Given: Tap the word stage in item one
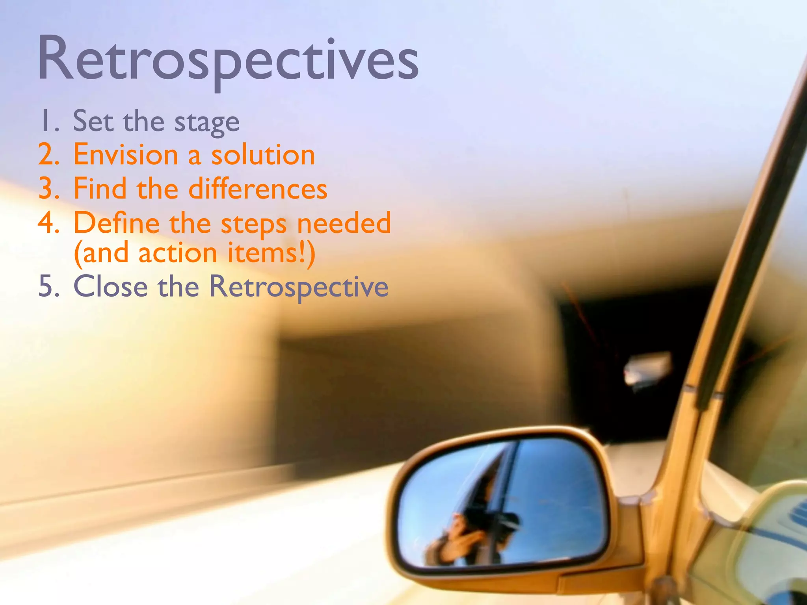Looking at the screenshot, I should coord(207,122).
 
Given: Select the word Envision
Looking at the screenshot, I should coord(126,154).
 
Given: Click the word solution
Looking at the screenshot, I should coord(263,154).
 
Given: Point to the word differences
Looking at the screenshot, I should coord(258,189).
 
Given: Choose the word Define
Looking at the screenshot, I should coord(117,223).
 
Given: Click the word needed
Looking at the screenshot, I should coord(344,223).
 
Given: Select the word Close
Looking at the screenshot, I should coord(110,286).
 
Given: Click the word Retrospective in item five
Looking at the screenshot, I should coord(298,287).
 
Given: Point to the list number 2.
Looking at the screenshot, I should coord(48,154).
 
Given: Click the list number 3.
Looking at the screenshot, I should coord(48,189).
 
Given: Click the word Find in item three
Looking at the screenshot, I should coord(100,189).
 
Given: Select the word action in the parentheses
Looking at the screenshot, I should coord(178,253).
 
